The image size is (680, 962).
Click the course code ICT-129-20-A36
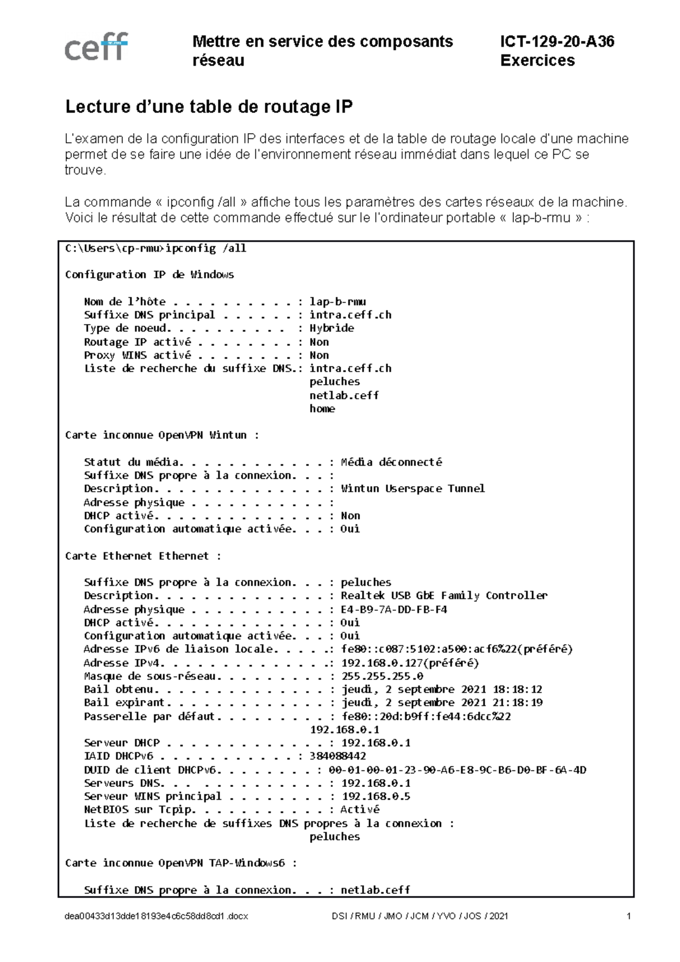(557, 41)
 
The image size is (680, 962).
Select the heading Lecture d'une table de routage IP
(209, 107)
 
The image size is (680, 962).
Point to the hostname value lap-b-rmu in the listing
(337, 301)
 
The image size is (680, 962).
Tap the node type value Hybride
(331, 328)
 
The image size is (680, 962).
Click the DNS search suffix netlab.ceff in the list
(344, 395)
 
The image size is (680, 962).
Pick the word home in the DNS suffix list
(322, 408)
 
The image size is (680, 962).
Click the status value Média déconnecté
(391, 462)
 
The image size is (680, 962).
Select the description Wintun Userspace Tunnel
(413, 488)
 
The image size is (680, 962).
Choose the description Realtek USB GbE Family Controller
(444, 595)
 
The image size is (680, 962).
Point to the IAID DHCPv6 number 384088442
(338, 756)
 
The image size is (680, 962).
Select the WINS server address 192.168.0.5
(376, 797)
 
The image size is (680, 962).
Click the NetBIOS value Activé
(360, 810)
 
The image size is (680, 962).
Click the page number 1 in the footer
(629, 916)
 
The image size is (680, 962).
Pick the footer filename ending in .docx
(156, 916)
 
